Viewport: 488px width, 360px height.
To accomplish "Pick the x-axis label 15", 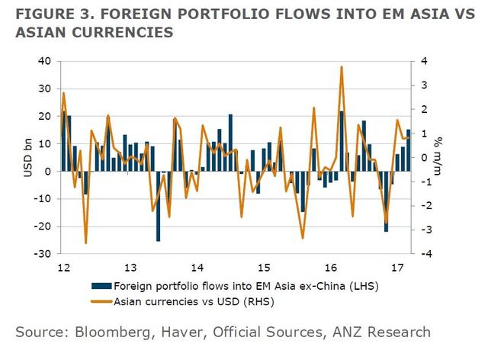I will coord(264,268).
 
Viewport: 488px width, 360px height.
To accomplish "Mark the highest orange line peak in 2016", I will coord(342,67).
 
